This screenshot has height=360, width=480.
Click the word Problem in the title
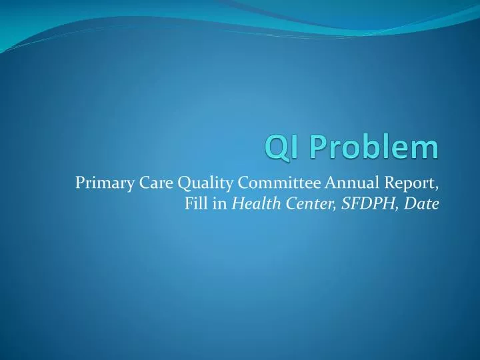tap(372, 147)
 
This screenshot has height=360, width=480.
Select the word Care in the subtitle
tap(142, 182)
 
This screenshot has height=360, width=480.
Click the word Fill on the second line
tap(195, 203)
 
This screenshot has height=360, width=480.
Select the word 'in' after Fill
tap(219, 203)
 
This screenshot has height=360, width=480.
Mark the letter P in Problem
tap(314, 147)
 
